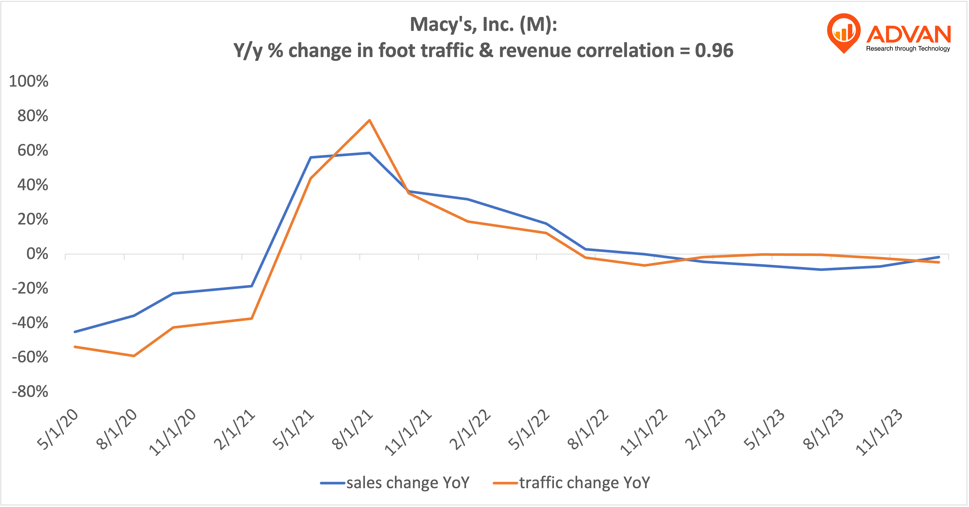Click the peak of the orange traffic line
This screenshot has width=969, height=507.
click(x=369, y=120)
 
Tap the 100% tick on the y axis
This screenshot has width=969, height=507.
click(x=28, y=81)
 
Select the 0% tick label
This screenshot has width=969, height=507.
click(x=37, y=254)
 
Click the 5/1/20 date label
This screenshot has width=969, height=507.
click(x=58, y=430)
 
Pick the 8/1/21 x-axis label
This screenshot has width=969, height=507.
click(x=352, y=430)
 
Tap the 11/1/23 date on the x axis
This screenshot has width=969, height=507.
click(x=879, y=432)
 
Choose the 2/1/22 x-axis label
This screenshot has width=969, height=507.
click(x=470, y=430)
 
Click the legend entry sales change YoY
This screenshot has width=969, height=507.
click(x=395, y=482)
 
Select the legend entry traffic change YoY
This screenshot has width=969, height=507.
click(x=572, y=482)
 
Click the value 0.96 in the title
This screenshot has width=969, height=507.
click(x=714, y=50)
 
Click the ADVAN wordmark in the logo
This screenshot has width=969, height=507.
click(x=908, y=35)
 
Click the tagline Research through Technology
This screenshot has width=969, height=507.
click(x=908, y=49)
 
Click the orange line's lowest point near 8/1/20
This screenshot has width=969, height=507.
click(x=134, y=356)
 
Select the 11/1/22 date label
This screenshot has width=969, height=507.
click(x=644, y=432)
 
